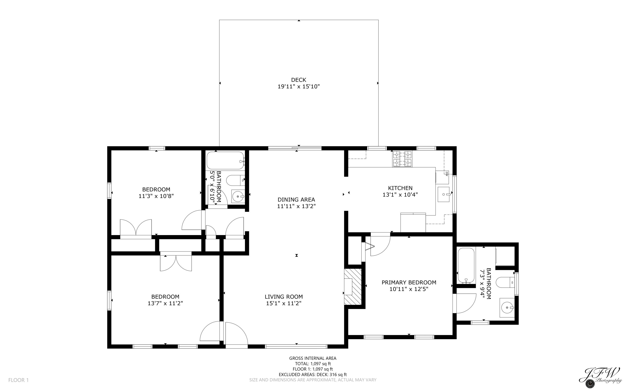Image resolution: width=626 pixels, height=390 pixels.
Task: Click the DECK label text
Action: [299, 80]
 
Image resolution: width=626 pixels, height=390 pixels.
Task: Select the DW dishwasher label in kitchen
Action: [446, 174]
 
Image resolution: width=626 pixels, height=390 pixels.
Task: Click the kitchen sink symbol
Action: [444, 194]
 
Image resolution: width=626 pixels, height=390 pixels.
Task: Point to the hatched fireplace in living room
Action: [353, 287]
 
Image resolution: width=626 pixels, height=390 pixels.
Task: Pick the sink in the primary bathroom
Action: [507, 308]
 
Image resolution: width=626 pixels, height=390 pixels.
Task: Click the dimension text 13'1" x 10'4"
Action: [400, 195]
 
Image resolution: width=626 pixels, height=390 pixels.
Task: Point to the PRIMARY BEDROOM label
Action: [409, 282]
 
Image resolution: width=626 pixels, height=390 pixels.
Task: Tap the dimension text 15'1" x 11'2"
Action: [284, 303]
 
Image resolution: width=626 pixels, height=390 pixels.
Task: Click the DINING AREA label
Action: [296, 199]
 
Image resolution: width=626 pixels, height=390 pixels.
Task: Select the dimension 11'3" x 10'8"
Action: [156, 196]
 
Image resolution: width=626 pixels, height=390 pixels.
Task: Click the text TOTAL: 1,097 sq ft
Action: [313, 364]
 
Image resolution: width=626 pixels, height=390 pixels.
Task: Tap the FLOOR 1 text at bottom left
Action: [19, 380]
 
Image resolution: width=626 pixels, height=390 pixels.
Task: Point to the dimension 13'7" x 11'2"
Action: [165, 303]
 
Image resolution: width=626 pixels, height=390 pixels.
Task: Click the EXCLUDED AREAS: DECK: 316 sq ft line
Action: [313, 375]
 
